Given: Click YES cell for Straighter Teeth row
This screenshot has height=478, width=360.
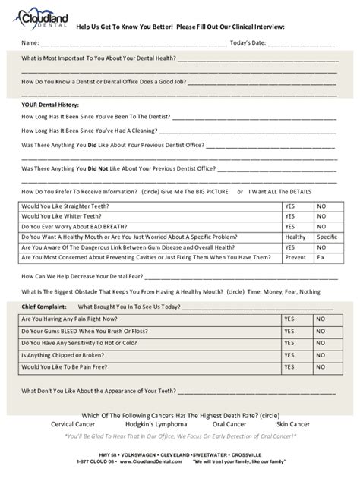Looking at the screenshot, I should point(289,206).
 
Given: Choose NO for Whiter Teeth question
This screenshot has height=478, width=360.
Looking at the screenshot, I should point(321,216).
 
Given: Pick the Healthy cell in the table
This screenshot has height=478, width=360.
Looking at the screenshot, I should point(295,237).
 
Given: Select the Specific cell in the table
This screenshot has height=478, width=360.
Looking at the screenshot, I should point(327,237).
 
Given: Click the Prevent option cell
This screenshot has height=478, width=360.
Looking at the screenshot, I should point(295,257).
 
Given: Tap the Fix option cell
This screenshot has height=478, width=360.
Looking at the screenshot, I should point(321,257).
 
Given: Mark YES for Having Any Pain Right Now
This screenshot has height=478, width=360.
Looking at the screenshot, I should point(289,319).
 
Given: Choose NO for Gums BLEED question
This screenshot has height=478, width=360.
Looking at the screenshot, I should point(321,332).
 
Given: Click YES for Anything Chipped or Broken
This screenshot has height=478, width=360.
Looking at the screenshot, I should point(289,355).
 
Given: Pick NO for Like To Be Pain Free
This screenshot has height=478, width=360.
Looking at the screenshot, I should point(321,367).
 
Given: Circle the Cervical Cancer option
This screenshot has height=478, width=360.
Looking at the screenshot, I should point(73,424).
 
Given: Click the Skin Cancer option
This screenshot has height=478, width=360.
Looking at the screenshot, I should point(292,424).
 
